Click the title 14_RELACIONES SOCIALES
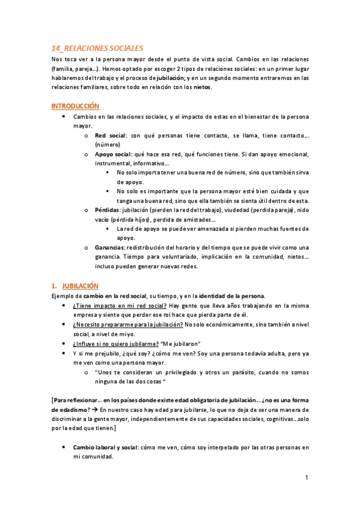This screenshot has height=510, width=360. click(x=97, y=48)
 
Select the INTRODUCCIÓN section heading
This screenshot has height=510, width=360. click(x=75, y=105)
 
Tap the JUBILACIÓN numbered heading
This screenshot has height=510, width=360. click(x=81, y=286)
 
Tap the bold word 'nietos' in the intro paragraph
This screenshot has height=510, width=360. click(x=201, y=87)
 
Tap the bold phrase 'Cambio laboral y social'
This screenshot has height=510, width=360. click(x=105, y=447)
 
